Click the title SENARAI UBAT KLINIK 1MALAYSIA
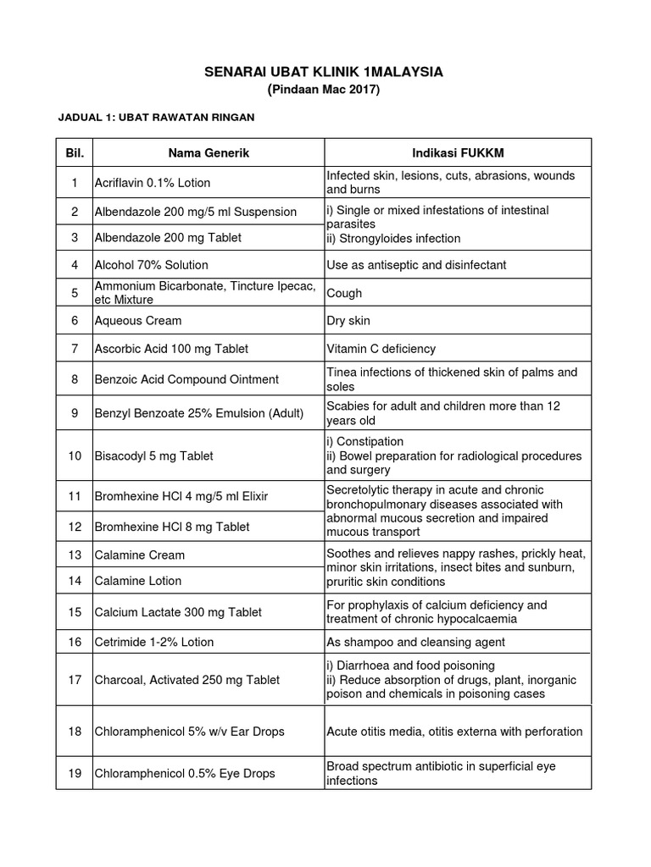324,73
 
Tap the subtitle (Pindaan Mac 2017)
324,90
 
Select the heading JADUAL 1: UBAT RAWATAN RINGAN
155,118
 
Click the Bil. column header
75,152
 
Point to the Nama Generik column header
208,152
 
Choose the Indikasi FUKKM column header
457,152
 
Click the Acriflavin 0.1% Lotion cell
153,183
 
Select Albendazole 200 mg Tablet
161,238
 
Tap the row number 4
75,265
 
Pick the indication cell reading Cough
344,293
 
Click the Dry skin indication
348,321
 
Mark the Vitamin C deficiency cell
381,349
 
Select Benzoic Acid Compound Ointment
186,379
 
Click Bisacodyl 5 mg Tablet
153,456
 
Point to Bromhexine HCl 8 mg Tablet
172,527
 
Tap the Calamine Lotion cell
137,581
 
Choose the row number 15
75,612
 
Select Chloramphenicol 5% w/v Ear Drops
189,732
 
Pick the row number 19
75,773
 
